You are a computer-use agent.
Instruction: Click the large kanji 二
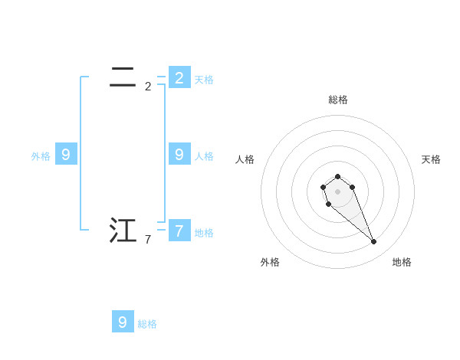tap(123, 77)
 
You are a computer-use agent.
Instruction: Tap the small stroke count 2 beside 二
tap(148, 87)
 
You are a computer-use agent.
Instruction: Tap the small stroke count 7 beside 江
tap(148, 240)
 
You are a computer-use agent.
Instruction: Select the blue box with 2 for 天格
tap(179, 77)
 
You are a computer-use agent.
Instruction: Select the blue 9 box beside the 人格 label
tap(179, 154)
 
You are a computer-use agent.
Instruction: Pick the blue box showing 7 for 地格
tap(179, 230)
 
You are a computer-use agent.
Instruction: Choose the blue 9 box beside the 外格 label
tap(66, 154)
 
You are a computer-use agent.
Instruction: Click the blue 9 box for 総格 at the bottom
tap(123, 322)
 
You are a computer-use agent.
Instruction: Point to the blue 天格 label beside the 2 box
tap(204, 79)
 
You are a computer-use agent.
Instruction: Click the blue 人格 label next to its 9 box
tap(204, 155)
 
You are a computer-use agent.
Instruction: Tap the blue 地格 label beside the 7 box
tap(204, 232)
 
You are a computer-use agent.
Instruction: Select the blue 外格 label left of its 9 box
tap(41, 155)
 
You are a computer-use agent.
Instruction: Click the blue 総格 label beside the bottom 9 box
tap(147, 324)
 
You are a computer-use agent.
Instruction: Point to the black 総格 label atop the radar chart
tap(337, 100)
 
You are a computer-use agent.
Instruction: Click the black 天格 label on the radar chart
tap(431, 159)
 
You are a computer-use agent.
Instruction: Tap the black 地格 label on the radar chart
tap(402, 262)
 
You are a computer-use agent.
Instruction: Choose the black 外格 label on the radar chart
tap(270, 262)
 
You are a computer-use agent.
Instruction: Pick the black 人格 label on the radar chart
tap(245, 159)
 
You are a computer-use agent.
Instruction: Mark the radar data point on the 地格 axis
tap(373, 241)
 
